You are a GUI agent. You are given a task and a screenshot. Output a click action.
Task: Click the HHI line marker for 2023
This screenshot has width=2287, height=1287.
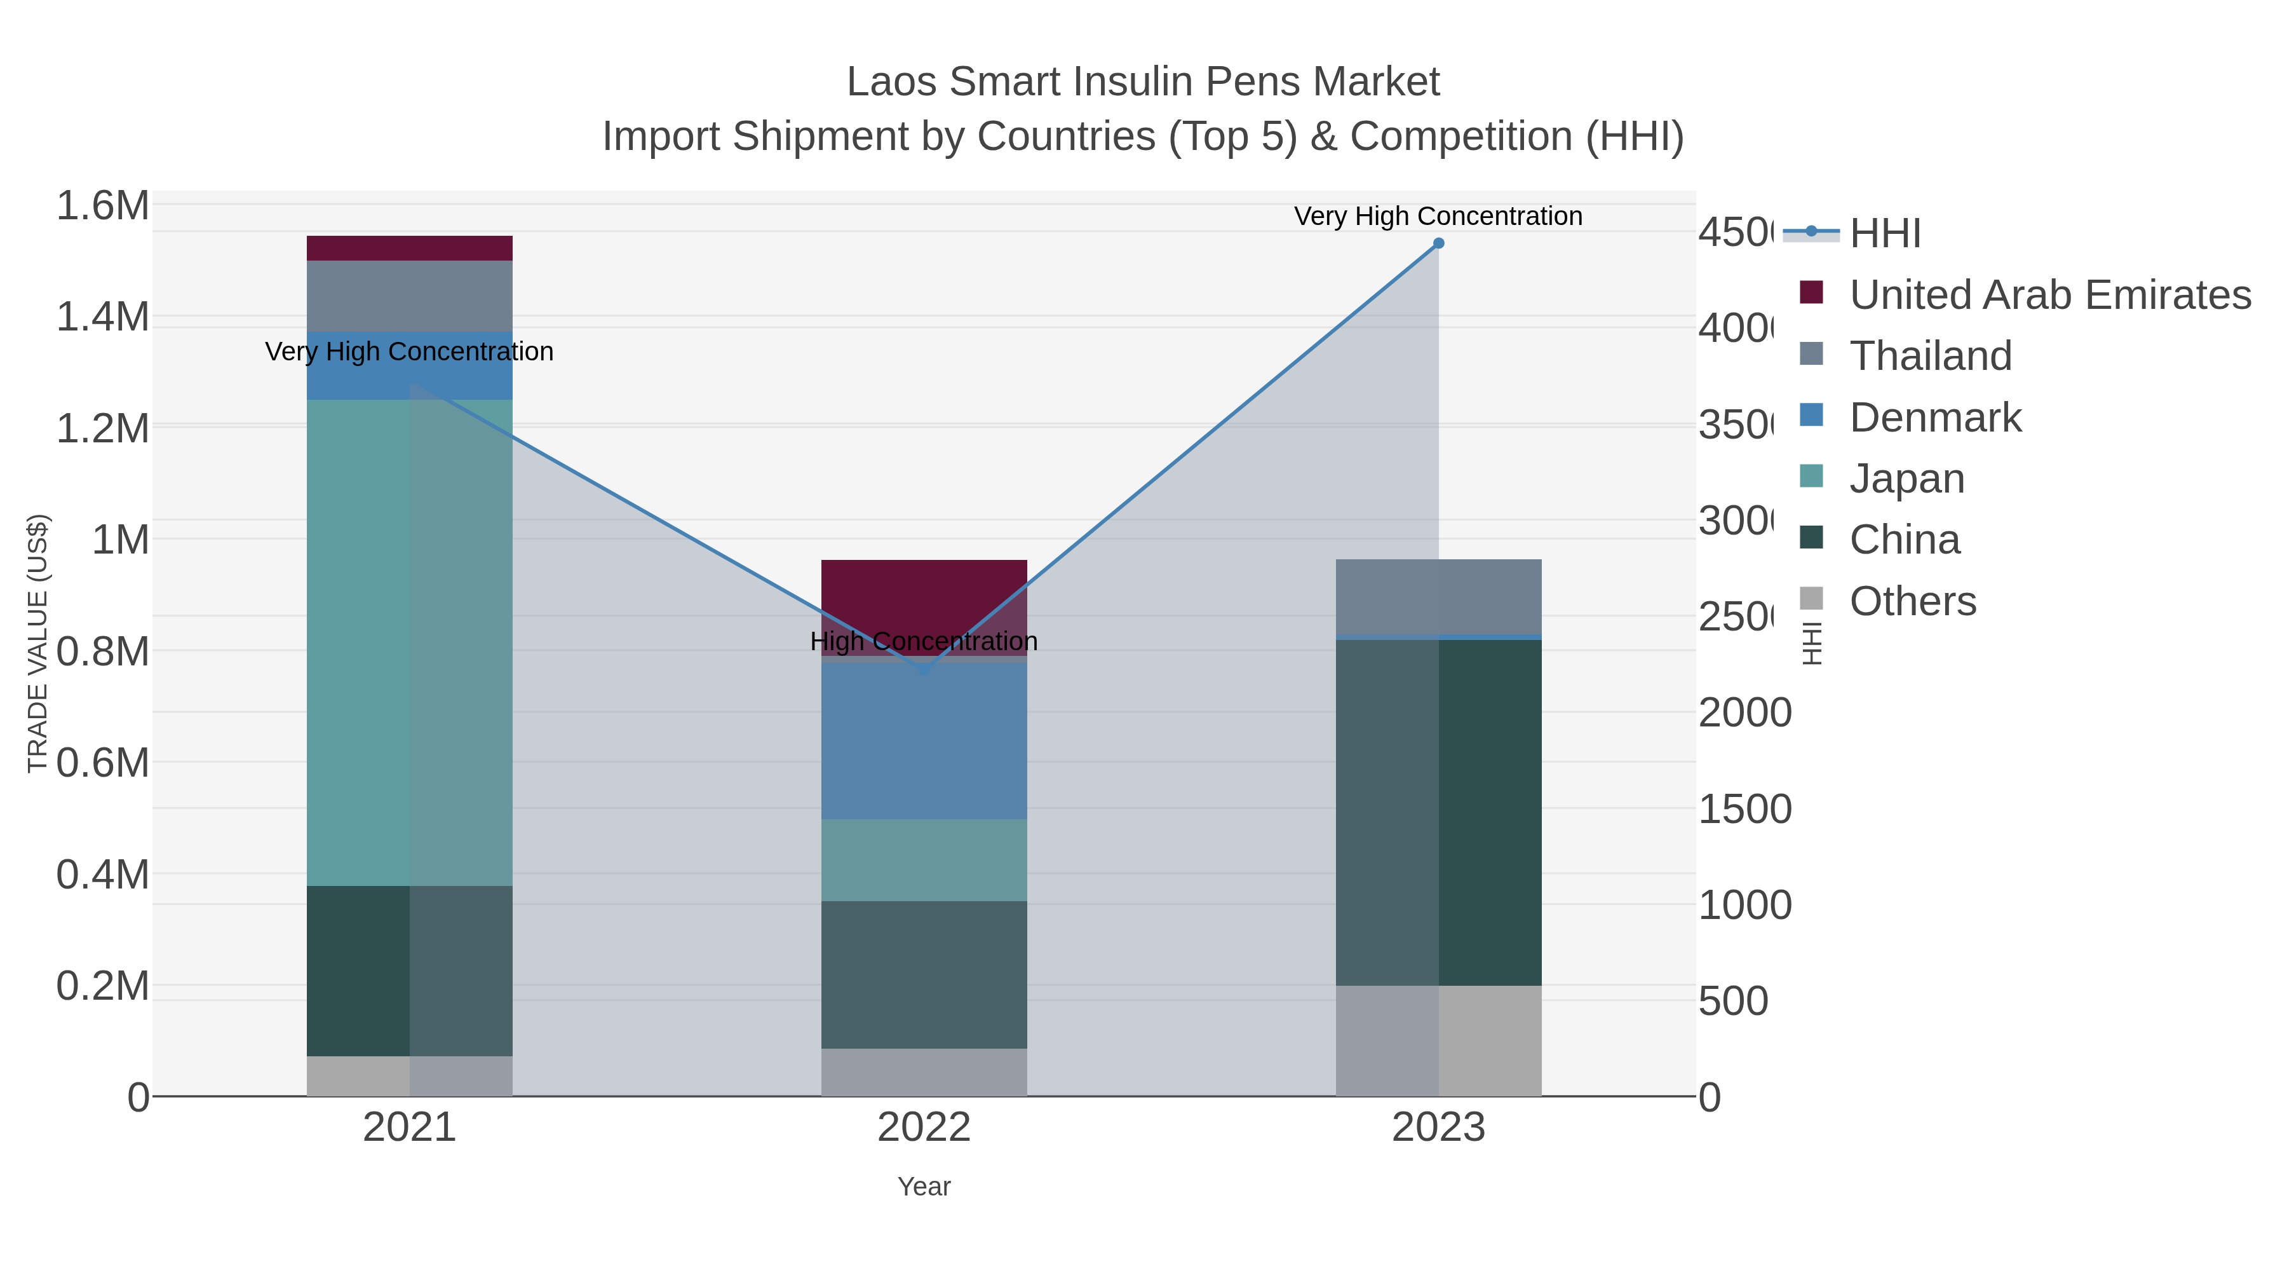click(1438, 243)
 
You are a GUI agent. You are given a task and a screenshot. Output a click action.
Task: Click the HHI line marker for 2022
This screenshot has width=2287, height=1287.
click(923, 669)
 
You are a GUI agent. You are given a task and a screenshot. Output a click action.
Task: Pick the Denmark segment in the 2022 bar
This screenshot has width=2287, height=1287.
click(923, 742)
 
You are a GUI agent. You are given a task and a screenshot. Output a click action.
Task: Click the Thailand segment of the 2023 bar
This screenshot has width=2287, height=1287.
click(1438, 597)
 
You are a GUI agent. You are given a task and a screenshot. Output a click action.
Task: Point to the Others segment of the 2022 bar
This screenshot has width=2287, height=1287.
click(923, 1072)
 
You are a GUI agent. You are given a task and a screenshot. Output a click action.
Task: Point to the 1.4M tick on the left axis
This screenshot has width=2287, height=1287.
click(102, 317)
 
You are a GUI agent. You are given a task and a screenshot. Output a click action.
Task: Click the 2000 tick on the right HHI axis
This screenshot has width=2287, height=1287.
click(1744, 713)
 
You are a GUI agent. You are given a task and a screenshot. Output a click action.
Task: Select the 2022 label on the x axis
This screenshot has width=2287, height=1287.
click(923, 1128)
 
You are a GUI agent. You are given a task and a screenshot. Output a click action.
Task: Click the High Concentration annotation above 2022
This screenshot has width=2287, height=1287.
click(923, 641)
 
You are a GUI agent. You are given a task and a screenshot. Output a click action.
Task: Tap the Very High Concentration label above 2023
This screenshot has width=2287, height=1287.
click(1438, 217)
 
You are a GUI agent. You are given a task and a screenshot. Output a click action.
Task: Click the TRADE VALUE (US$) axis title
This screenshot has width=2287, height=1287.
click(37, 643)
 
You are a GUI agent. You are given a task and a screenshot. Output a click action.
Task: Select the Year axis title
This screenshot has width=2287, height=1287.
click(923, 1187)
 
